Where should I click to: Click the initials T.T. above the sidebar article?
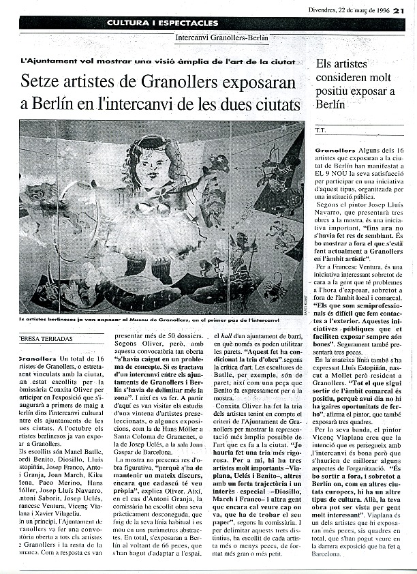[321, 130]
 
